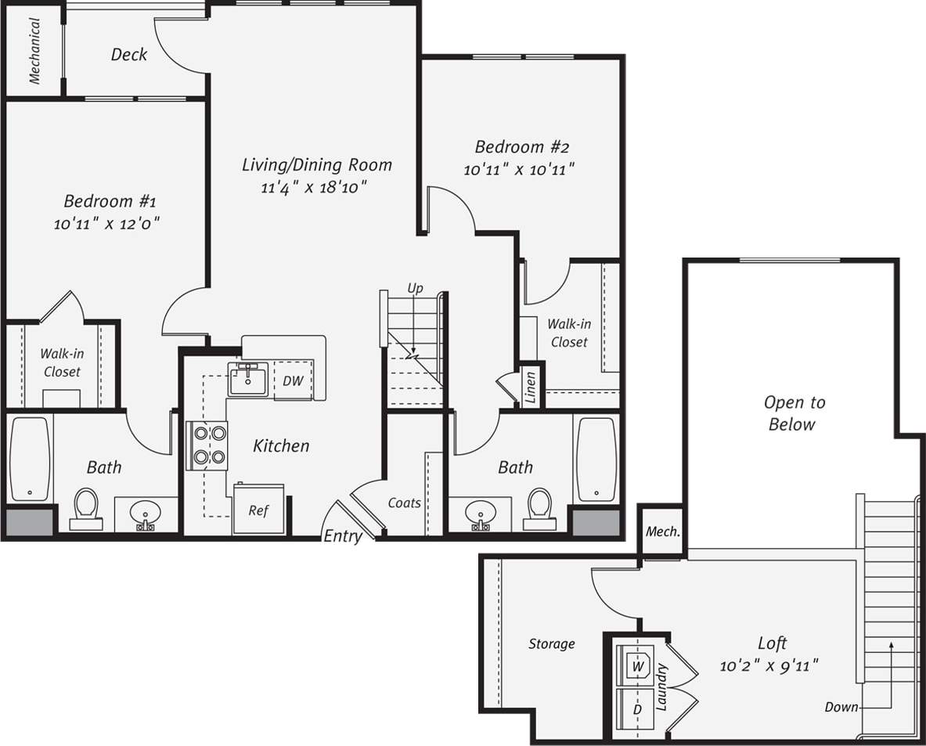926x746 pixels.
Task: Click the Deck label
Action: coord(128,54)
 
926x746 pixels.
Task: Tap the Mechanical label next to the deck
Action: coord(34,50)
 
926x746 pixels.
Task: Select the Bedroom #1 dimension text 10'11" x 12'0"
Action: coord(107,224)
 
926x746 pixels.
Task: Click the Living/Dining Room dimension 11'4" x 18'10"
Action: coord(315,187)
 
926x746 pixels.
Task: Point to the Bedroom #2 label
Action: coord(521,146)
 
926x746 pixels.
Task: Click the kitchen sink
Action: coord(248,379)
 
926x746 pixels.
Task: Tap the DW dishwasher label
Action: coord(293,381)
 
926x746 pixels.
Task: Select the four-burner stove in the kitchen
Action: coord(207,445)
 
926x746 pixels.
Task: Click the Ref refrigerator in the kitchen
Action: coord(259,510)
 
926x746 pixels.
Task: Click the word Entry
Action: coord(343,536)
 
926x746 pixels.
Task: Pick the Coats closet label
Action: coord(404,503)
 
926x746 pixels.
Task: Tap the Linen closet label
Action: coord(531,387)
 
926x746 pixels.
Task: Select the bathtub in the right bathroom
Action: coord(596,459)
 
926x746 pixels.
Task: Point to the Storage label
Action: coord(551,643)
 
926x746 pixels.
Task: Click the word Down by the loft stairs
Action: coord(841,707)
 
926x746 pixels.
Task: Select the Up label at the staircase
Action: coord(415,288)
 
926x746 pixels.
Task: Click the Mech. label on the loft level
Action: coord(662,532)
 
